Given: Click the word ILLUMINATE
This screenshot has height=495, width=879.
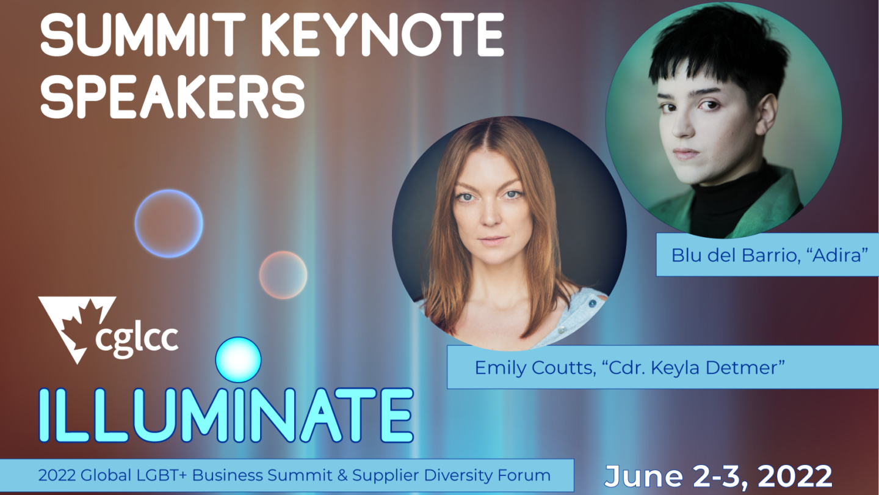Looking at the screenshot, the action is pos(226,416).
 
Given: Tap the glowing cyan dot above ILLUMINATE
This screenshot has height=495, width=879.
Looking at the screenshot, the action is pos(238,359).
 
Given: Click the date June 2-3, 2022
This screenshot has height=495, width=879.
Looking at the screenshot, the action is pos(718,476).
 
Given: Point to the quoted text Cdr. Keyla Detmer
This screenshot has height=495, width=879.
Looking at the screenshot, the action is pos(693,368).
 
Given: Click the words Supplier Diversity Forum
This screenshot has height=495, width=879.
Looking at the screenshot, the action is pos(451,475).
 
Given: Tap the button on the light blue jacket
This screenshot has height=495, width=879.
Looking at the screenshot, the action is pos(592,303).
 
